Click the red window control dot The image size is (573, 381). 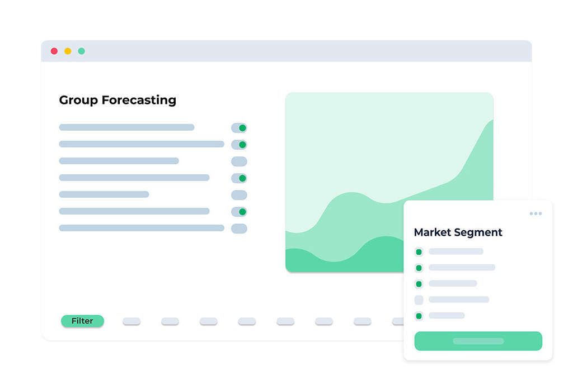54,51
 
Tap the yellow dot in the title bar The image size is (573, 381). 68,51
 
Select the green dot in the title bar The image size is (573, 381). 82,51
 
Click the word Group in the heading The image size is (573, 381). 78,101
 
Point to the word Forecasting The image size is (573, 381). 139,101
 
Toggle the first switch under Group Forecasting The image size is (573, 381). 239,128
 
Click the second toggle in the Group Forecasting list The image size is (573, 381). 239,145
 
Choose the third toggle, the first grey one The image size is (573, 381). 239,161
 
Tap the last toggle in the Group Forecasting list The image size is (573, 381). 239,228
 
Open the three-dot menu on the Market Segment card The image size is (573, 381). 536,213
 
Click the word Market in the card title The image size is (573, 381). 433,232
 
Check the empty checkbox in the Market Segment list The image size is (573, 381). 419,300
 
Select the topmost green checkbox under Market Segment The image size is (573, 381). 419,252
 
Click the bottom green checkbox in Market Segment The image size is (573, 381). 419,316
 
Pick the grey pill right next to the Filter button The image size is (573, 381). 131,321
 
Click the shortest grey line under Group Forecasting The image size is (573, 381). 104,194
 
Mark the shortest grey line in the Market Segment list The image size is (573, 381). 447,315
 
